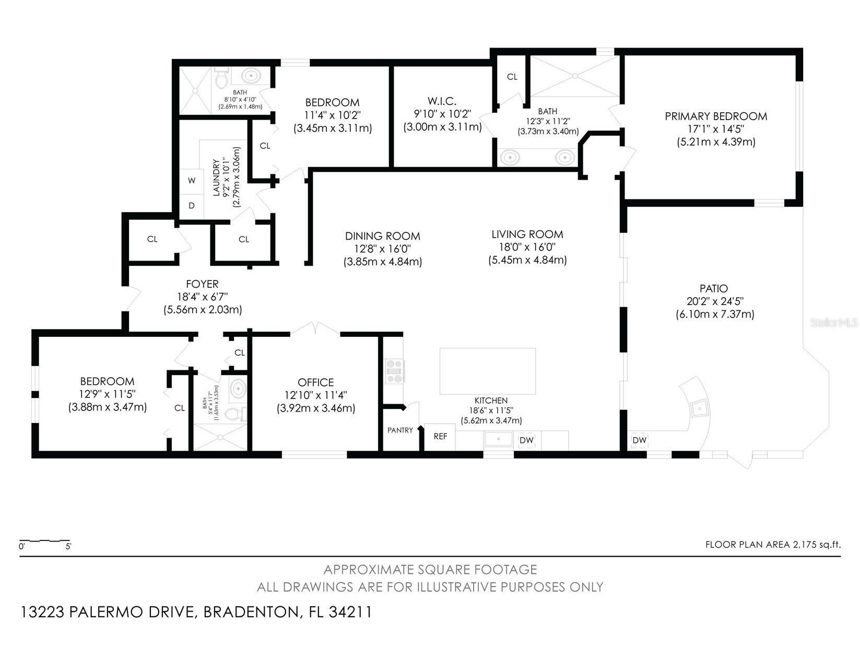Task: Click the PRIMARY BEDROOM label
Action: [715, 116]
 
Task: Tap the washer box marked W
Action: [192, 181]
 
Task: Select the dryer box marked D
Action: [192, 206]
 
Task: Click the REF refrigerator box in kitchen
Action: [440, 437]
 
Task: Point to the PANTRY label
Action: [400, 430]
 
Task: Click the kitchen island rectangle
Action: [487, 371]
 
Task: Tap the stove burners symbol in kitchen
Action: [394, 371]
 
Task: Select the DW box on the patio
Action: [639, 440]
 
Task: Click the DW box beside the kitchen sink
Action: [526, 440]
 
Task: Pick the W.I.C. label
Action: [442, 101]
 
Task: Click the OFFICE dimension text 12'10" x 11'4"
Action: [315, 395]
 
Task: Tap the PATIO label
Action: [714, 288]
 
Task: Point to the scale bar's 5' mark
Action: [68, 547]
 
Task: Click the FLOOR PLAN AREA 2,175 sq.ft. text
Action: [773, 545]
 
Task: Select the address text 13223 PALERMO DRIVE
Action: [108, 612]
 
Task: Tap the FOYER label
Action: [202, 284]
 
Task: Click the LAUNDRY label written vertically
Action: [217, 178]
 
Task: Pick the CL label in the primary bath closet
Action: [512, 77]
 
